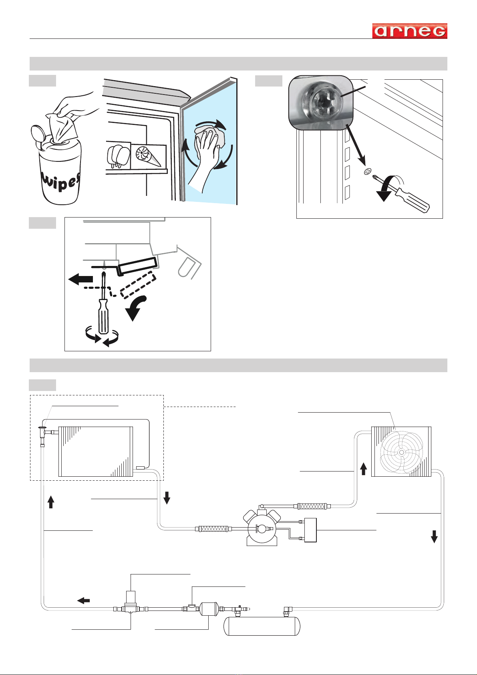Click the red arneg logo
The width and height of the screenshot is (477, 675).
click(409, 31)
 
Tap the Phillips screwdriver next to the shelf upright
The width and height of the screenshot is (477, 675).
click(401, 193)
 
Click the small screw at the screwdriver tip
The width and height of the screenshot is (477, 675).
click(368, 172)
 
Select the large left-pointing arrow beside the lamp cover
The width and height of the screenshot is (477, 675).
click(81, 279)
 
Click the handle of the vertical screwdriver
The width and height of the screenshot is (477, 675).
click(103, 318)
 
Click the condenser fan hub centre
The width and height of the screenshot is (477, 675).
click(401, 452)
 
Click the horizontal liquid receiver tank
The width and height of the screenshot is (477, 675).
click(262, 626)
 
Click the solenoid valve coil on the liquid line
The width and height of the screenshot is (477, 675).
click(131, 596)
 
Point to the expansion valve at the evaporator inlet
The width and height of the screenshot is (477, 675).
click(42, 434)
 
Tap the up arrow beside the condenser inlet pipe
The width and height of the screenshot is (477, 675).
click(364, 469)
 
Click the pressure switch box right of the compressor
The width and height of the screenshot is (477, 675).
click(310, 530)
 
